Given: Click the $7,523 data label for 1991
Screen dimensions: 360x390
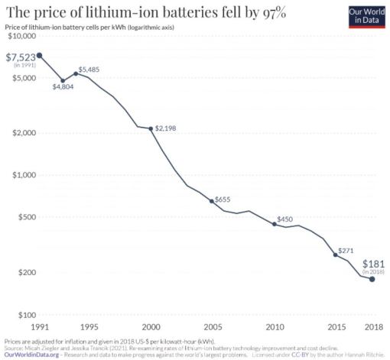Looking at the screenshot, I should click(19, 57).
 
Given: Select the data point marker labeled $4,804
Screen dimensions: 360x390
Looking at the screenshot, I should click(63, 80).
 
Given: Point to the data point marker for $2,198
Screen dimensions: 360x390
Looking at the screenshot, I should click(151, 128).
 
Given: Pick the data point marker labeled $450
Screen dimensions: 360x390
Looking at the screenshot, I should click(275, 224).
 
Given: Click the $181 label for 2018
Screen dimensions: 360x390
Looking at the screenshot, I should click(372, 262).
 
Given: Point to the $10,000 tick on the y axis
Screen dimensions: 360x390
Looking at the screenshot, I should click(21, 37).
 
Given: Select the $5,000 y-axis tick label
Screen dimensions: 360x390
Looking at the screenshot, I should click(22, 79).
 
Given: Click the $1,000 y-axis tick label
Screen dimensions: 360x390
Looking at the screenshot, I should click(22, 175).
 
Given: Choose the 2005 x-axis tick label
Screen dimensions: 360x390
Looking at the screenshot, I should click(211, 327).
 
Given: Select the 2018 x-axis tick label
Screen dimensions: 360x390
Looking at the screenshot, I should click(372, 327).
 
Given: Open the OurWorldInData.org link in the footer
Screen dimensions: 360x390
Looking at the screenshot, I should click(31, 355).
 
